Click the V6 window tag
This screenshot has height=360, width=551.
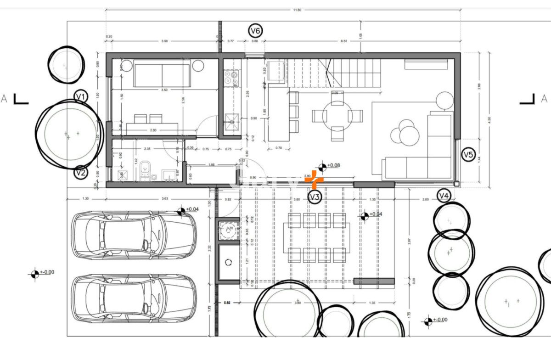[255, 31]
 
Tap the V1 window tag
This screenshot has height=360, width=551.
[81, 97]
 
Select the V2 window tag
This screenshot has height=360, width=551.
[81, 173]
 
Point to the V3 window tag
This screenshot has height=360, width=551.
[315, 197]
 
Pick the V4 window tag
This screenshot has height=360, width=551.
[443, 196]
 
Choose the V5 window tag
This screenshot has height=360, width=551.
[468, 155]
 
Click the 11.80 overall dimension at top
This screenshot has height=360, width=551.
[297, 10]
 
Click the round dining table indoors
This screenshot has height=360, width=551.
[337, 116]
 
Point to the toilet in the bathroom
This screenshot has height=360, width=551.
[146, 170]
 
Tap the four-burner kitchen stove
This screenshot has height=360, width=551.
[230, 78]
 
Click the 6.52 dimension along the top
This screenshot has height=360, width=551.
[343, 41]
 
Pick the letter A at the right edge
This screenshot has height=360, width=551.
[544, 98]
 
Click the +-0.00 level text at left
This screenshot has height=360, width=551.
[47, 272]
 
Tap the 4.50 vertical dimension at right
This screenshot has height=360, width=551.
[489, 119]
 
